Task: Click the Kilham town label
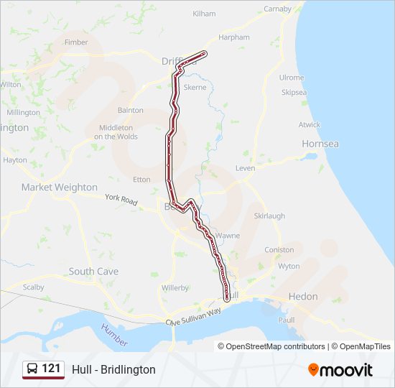204,14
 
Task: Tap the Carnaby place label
277,9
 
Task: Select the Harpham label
235,37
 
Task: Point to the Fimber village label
76,42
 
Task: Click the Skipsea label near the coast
294,92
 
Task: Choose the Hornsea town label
320,144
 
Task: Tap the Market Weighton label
59,187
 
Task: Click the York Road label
121,199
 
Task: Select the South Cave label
93,272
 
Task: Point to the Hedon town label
302,296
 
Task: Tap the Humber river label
114,335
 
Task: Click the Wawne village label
228,235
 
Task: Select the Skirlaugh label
269,216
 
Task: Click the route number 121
52,369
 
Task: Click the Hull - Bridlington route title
113,369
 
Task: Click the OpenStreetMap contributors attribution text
275,346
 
